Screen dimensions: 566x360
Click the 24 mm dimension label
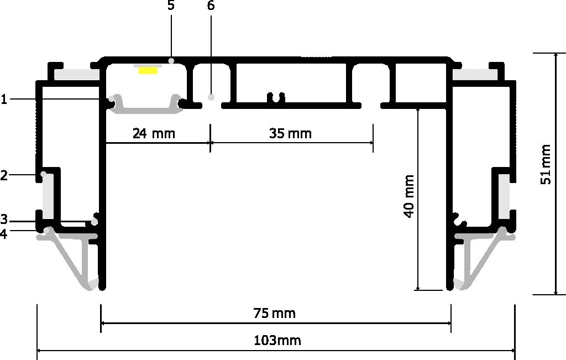[154, 134]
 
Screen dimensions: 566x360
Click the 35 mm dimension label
[290, 134]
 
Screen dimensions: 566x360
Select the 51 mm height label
[546, 164]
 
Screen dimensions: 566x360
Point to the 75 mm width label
[274, 312]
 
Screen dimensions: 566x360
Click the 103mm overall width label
[277, 340]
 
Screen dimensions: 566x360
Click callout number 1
[4, 99]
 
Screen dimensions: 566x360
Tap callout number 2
[4, 176]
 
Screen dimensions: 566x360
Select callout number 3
[4, 219]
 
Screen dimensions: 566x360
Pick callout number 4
[4, 234]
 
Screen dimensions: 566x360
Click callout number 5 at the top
[171, 6]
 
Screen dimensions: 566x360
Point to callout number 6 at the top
[211, 6]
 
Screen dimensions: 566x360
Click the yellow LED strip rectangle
[148, 70]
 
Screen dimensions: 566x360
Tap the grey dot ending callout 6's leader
[211, 97]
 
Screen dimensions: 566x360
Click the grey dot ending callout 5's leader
[172, 61]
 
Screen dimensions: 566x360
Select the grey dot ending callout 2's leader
[44, 174]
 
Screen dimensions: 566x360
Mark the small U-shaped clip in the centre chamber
[276, 98]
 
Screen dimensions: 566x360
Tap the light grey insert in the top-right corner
[475, 75]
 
